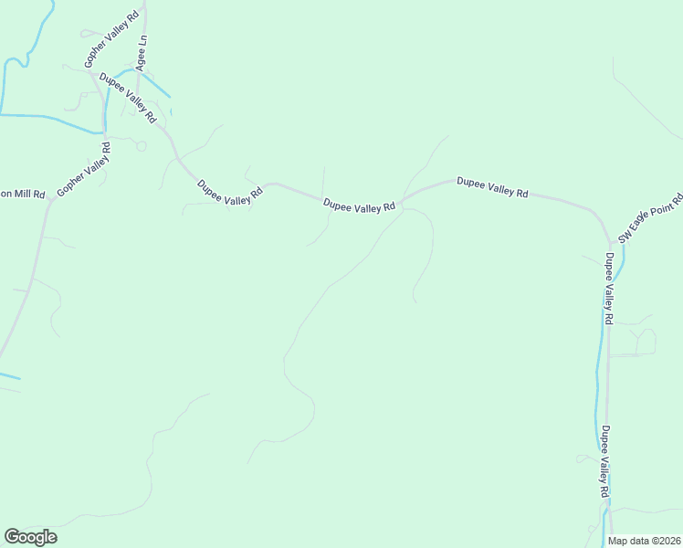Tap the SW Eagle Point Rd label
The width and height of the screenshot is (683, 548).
click(650, 217)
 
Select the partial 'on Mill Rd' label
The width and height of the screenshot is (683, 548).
click(22, 195)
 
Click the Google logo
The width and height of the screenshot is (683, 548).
click(30, 537)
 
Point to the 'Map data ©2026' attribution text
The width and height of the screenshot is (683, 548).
click(644, 541)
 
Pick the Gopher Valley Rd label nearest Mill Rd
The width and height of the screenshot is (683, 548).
click(83, 169)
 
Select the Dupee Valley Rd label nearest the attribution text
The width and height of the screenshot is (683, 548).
click(604, 461)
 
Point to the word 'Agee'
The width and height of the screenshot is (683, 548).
click(141, 60)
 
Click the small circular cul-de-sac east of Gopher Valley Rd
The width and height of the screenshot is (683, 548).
click(141, 145)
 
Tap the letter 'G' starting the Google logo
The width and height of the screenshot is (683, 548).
click(12, 537)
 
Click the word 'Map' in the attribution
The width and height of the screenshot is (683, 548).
click(618, 541)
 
